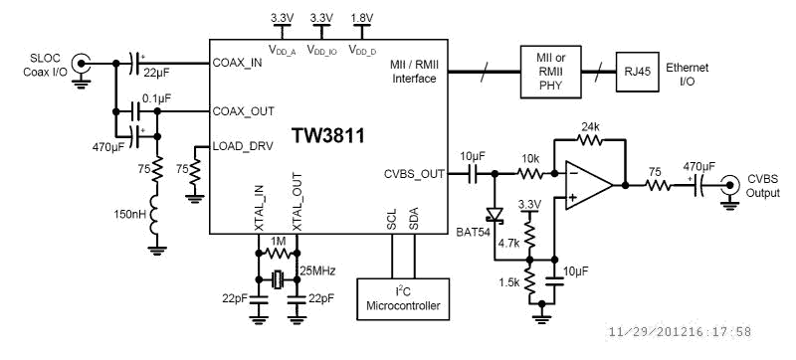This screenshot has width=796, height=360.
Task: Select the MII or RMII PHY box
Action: point(550,71)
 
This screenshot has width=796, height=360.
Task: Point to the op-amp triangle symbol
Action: point(588,181)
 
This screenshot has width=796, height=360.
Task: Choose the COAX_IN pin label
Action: point(238,64)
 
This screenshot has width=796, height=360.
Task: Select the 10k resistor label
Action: point(528,158)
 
